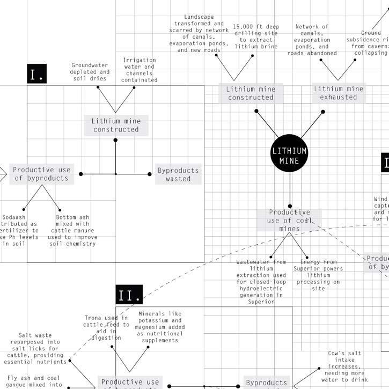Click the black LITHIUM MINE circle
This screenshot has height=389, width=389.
[290, 155]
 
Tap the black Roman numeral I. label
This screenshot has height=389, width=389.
[37, 74]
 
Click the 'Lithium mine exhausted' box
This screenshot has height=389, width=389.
[339, 93]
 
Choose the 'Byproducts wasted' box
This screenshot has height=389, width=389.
[178, 174]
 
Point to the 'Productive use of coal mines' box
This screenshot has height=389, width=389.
[289, 220]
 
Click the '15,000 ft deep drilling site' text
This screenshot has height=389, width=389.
[255, 36]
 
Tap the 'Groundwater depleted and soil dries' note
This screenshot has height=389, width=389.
[90, 71]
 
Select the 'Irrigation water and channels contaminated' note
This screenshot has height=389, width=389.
[139, 70]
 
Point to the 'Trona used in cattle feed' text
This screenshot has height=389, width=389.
[107, 328]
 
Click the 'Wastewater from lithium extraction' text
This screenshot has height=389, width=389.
[261, 282]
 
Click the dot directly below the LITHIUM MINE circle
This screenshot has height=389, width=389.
[290, 206]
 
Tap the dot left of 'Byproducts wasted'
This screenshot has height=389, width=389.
[150, 174]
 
